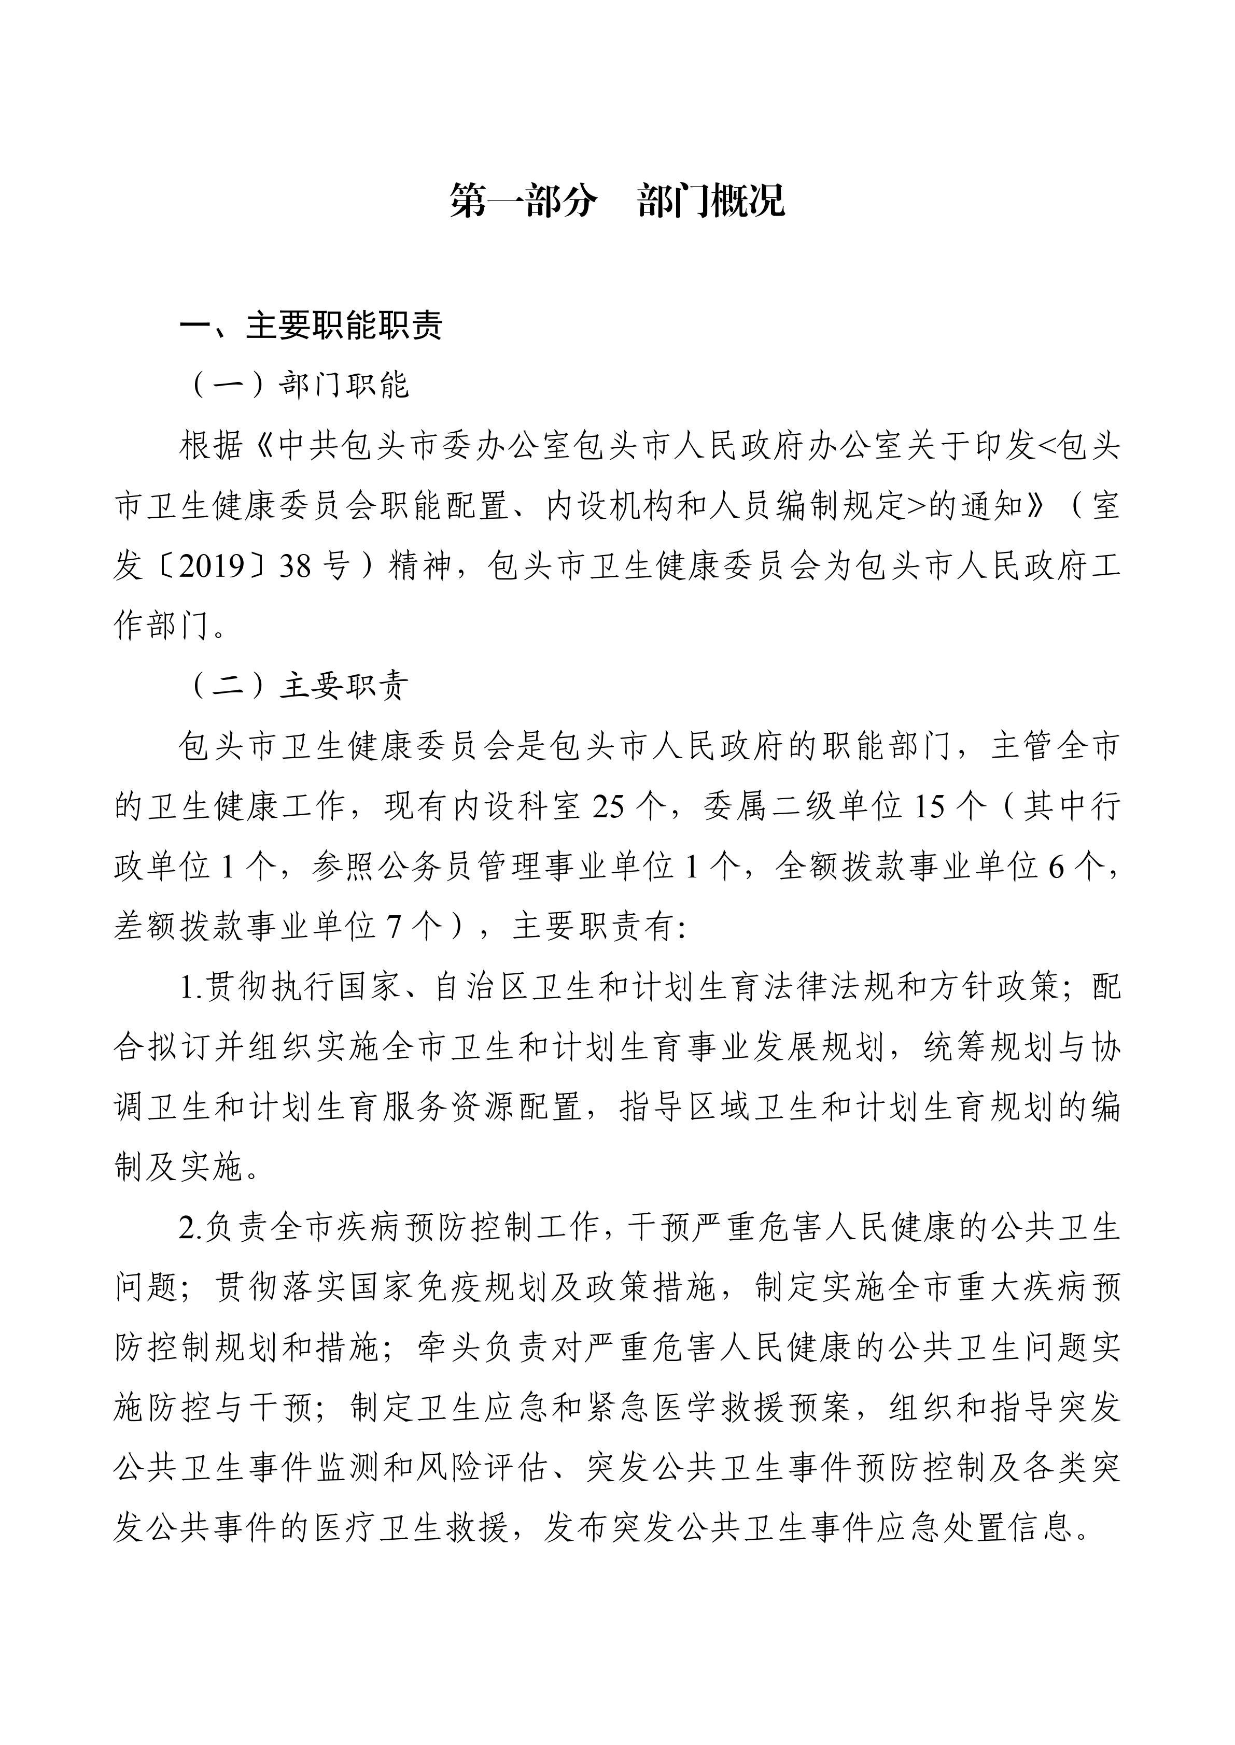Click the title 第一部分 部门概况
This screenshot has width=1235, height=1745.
click(617, 201)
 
